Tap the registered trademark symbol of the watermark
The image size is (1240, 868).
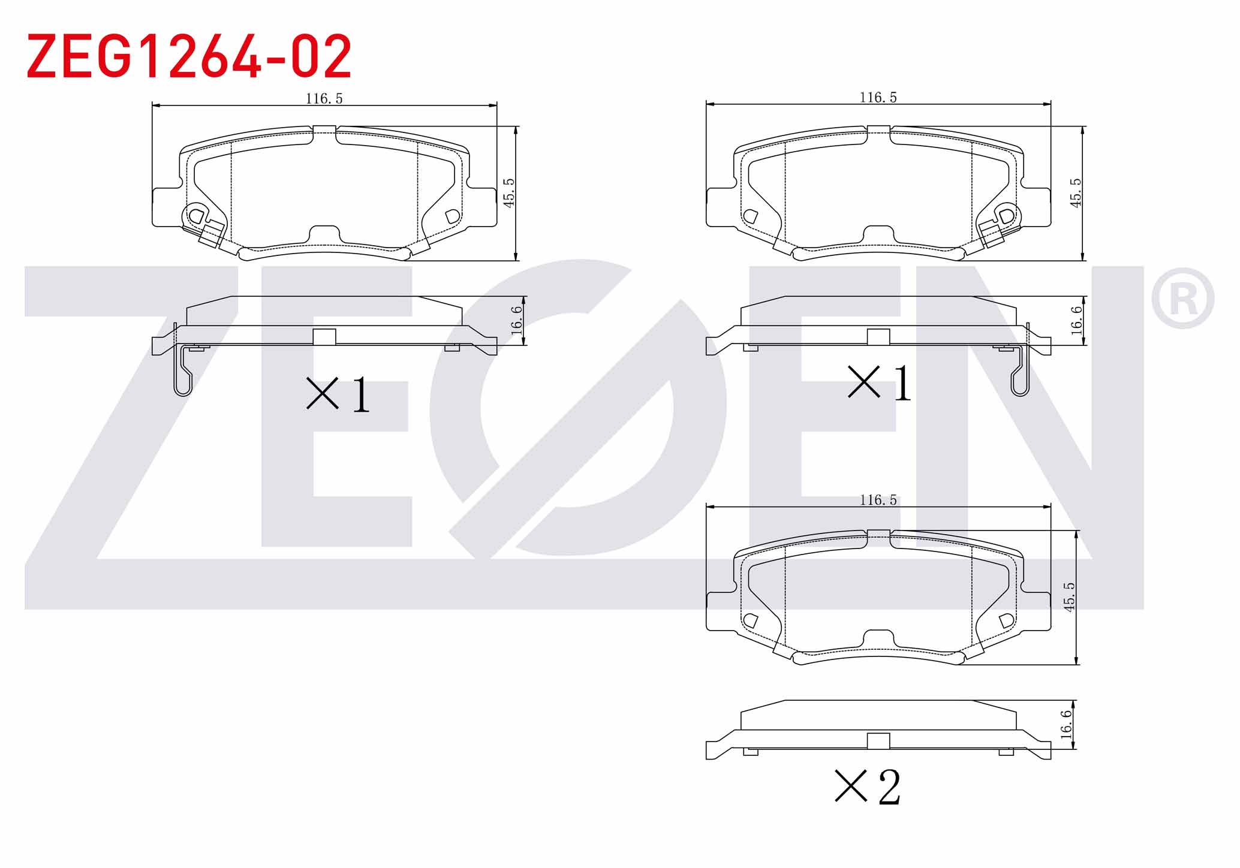(1182, 299)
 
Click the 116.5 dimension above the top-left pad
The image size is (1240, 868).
(324, 98)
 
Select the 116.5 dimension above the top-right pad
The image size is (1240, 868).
(878, 97)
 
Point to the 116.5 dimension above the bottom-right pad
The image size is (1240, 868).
(878, 500)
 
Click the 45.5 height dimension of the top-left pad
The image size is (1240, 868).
(509, 192)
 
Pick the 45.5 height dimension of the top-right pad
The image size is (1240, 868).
(1076, 192)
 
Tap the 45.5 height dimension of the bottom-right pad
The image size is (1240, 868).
(1069, 597)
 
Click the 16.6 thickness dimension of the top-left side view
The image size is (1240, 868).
(516, 320)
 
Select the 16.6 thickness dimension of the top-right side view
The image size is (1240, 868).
(1076, 320)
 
